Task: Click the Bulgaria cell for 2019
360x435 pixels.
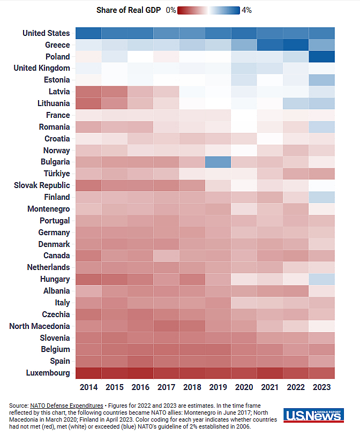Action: pyautogui.click(x=218, y=162)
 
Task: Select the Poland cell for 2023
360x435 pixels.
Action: pyautogui.click(x=322, y=56)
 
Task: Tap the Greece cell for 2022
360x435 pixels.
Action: pyautogui.click(x=296, y=44)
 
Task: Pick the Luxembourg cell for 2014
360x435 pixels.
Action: pyautogui.click(x=88, y=372)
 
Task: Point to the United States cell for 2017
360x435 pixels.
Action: pyautogui.click(x=166, y=33)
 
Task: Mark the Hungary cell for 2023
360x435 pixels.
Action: pyautogui.click(x=322, y=279)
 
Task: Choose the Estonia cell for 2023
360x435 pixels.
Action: pyautogui.click(x=322, y=80)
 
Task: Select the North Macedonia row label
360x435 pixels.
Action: pyautogui.click(x=40, y=326)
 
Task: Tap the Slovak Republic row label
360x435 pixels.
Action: pyautogui.click(x=42, y=185)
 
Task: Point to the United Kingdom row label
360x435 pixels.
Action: pyautogui.click(x=41, y=68)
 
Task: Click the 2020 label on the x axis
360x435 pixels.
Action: pyautogui.click(x=244, y=387)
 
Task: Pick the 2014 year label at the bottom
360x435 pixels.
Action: pyautogui.click(x=88, y=387)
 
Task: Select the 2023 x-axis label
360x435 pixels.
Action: pyautogui.click(x=322, y=387)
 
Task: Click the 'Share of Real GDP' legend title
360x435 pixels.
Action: pyautogui.click(x=128, y=10)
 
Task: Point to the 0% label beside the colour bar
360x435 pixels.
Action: pyautogui.click(x=171, y=10)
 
